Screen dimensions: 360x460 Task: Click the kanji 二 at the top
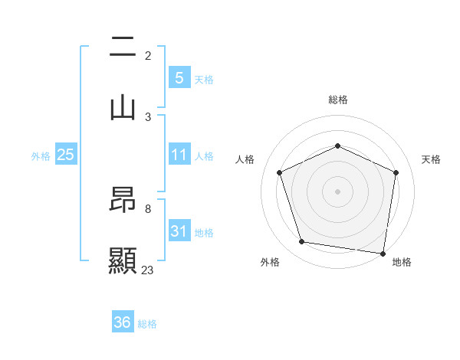click(x=123, y=48)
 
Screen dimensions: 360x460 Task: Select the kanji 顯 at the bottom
click(x=123, y=260)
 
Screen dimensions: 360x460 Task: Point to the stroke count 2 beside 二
click(x=148, y=56)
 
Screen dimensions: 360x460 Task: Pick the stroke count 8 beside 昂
click(x=148, y=208)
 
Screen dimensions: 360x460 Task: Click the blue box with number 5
click(x=179, y=77)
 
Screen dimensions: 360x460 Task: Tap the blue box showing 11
click(x=179, y=155)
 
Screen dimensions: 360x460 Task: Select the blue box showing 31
click(x=179, y=231)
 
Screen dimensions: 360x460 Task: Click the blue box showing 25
click(x=66, y=155)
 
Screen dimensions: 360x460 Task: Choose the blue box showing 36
click(x=122, y=322)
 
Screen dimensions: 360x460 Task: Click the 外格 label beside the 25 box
click(x=41, y=156)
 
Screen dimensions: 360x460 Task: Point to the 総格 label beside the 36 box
click(x=147, y=324)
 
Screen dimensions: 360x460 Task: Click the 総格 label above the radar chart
click(x=338, y=100)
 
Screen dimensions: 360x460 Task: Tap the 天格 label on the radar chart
click(x=431, y=159)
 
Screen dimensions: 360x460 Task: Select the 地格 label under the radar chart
click(x=402, y=262)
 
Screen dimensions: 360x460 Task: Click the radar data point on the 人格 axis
click(x=280, y=172)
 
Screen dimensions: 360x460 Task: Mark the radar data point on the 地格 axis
click(x=383, y=253)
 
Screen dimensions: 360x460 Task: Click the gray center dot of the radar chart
click(x=338, y=191)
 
